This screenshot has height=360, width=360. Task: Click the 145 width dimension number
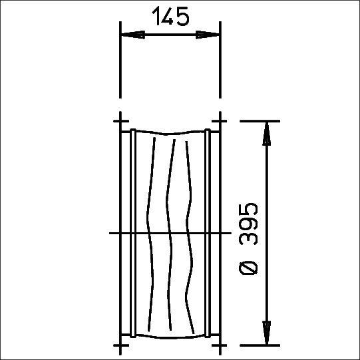(170, 16)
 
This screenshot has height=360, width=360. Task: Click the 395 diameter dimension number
(248, 224)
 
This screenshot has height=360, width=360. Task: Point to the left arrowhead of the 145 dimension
(132, 35)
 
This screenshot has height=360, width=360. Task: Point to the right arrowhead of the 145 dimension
(208, 35)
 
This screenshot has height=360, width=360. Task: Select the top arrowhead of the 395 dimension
(266, 134)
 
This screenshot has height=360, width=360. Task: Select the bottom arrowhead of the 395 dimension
(266, 333)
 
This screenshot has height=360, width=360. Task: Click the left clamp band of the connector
(133, 233)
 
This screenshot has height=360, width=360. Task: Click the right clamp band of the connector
(208, 233)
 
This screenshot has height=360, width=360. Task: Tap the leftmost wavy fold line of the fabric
(150, 234)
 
